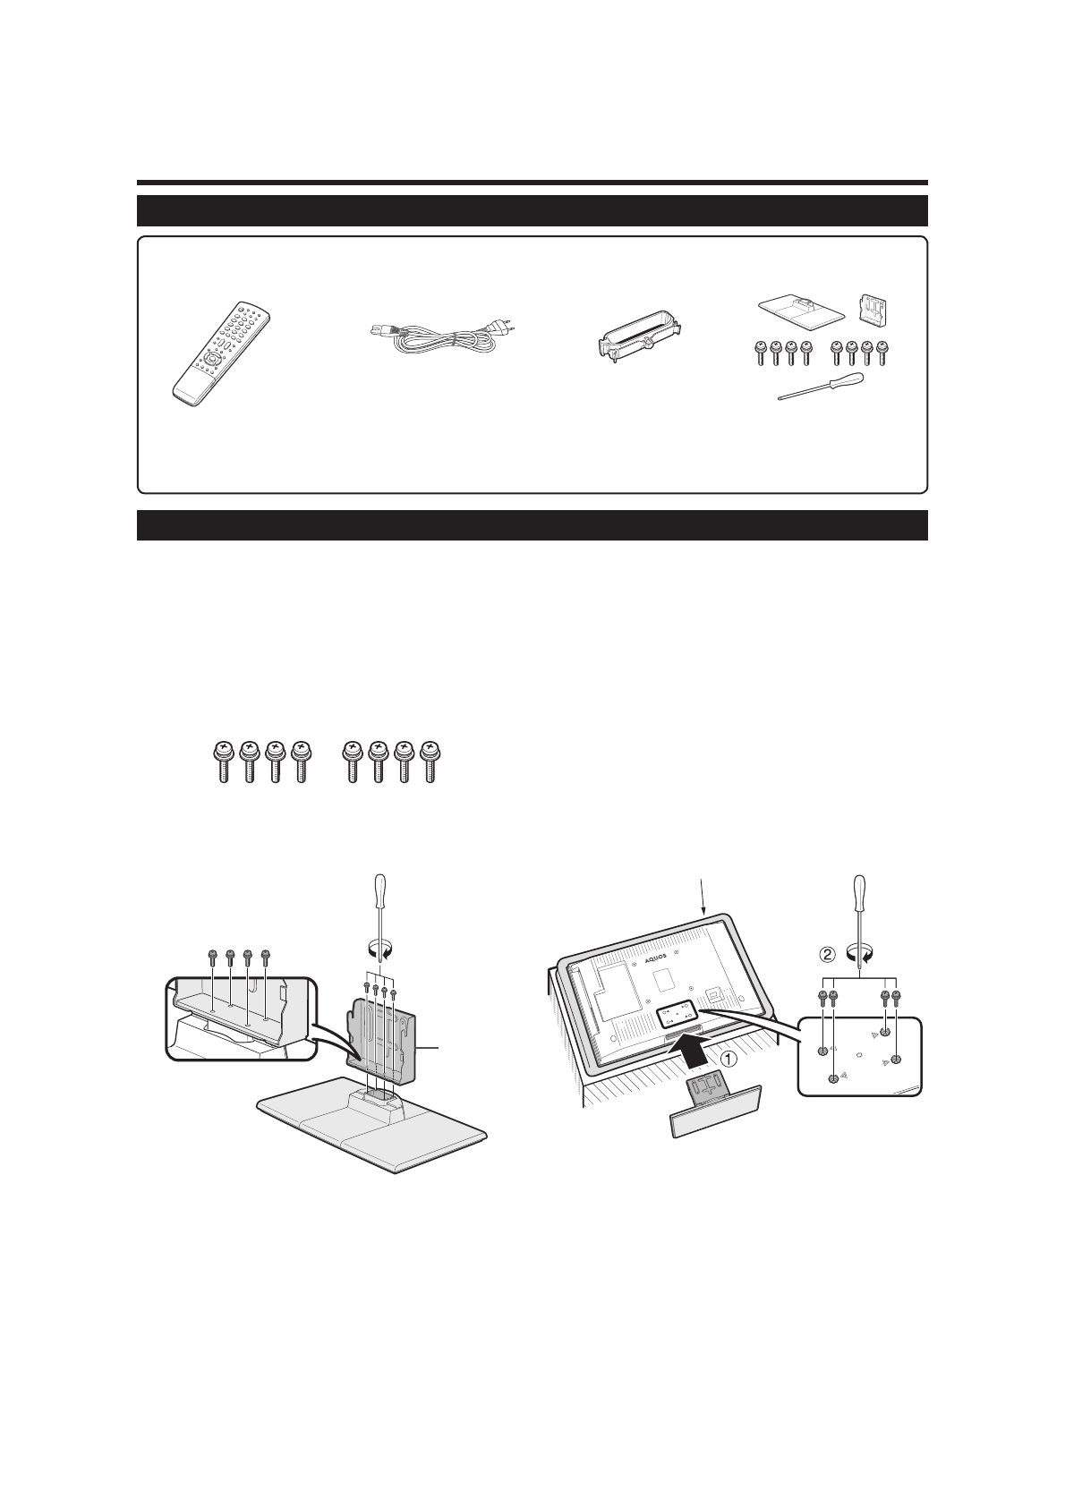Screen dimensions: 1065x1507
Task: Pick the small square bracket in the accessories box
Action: point(874,308)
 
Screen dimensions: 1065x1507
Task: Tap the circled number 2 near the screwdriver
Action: point(829,954)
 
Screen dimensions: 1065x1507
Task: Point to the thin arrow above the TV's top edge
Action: point(702,895)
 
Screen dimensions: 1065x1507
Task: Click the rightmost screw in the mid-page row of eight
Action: point(432,762)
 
